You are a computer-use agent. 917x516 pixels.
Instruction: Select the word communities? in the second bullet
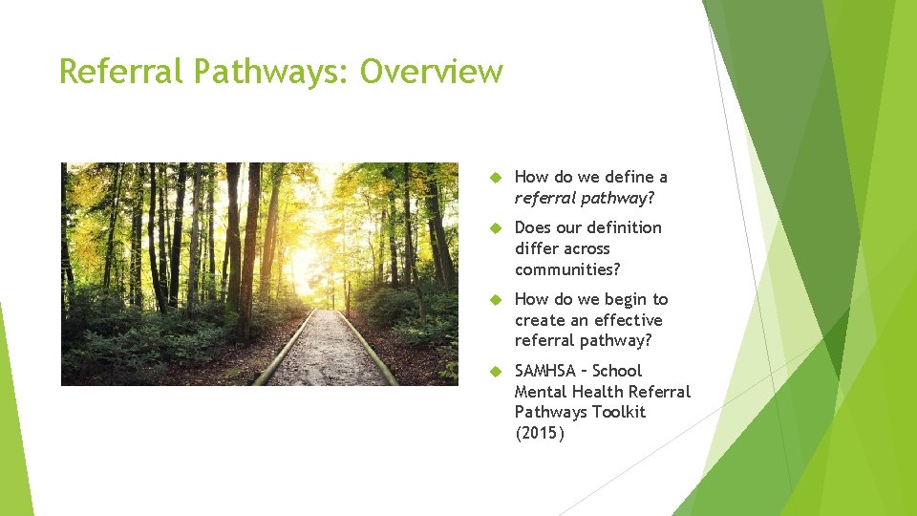coord(567,269)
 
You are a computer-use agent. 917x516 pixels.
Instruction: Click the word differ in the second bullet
coord(536,248)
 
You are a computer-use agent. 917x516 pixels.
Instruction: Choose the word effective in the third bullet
coord(627,320)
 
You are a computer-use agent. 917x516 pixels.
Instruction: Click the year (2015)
coord(540,433)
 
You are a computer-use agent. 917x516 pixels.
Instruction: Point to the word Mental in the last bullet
coord(542,391)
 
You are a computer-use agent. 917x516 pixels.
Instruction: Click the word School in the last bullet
coord(618,371)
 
